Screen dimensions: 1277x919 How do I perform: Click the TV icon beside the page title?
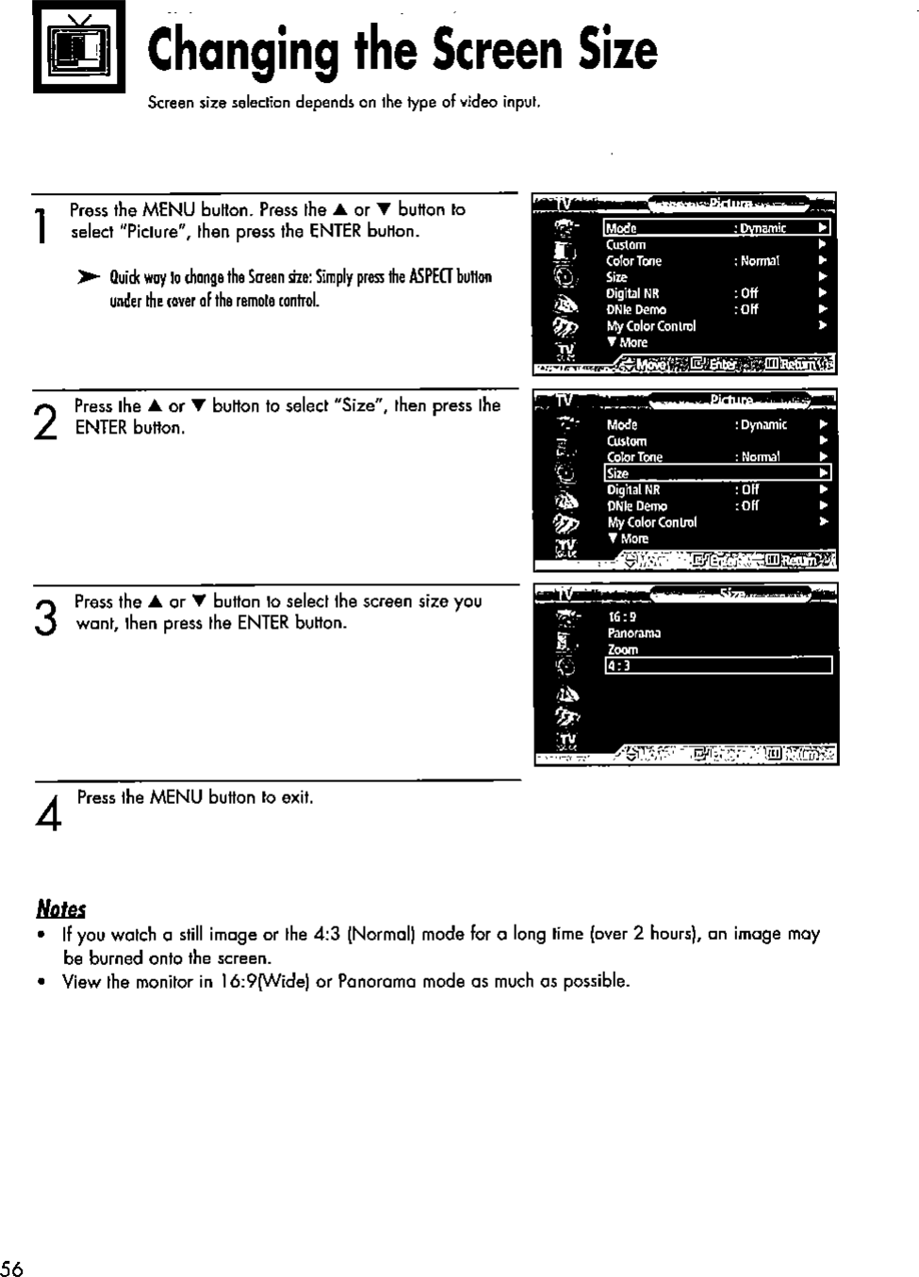click(79, 48)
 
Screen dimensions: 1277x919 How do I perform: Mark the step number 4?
click(48, 813)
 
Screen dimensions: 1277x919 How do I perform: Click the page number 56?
click(12, 1267)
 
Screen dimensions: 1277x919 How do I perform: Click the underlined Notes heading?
click(60, 909)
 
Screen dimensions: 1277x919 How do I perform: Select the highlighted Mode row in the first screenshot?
click(716, 228)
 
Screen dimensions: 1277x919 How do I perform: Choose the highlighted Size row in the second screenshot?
click(716, 473)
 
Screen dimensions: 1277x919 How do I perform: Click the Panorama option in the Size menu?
click(633, 633)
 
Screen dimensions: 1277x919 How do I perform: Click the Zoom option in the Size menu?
click(622, 649)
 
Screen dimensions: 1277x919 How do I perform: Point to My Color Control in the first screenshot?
click(650, 326)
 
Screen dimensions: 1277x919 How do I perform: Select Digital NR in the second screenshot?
click(633, 490)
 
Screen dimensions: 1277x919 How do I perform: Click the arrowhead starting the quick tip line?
click(88, 278)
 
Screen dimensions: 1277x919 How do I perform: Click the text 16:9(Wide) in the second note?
click(263, 981)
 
